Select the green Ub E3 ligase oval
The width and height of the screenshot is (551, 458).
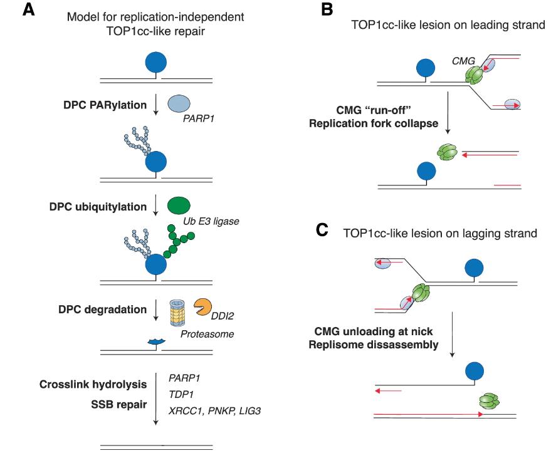pos(179,206)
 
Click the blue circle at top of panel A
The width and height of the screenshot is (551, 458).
pos(156,63)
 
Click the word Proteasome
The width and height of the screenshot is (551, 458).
pos(207,334)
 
